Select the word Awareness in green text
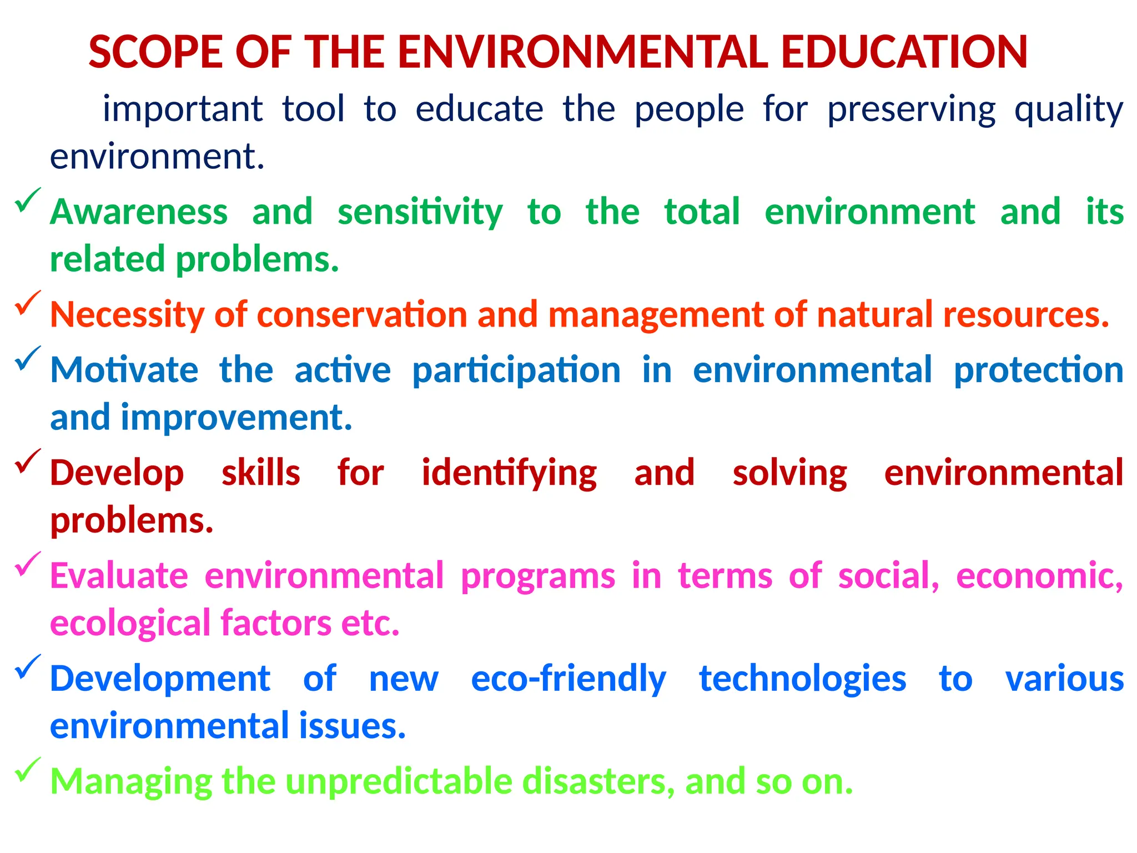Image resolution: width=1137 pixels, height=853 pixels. (139, 212)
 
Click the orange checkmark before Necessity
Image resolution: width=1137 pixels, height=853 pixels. (27, 303)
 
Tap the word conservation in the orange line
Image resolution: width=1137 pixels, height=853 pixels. (362, 315)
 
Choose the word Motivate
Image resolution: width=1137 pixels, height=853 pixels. (124, 370)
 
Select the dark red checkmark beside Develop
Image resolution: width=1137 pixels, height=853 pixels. (27, 461)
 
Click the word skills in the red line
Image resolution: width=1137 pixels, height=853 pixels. (261, 473)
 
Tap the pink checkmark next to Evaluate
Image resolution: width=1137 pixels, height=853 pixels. (27, 564)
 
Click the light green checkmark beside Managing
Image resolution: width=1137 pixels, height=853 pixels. (27, 770)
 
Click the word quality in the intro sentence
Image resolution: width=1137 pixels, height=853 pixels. (1069, 109)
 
